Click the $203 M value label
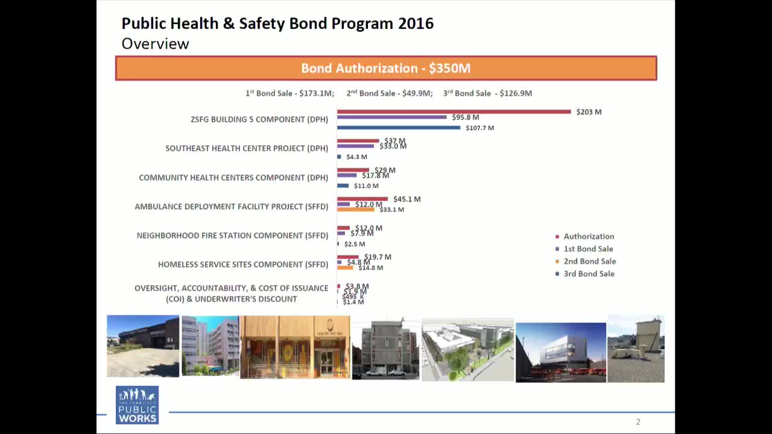(x=589, y=112)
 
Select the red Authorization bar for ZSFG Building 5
(x=454, y=112)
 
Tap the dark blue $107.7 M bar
(x=398, y=128)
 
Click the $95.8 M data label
(x=465, y=118)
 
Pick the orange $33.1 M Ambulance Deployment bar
(x=355, y=209)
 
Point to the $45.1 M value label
(x=407, y=200)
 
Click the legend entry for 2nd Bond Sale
(x=589, y=262)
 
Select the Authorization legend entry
(x=588, y=237)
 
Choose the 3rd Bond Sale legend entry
(x=589, y=274)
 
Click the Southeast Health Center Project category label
(x=247, y=148)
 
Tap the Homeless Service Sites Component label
(x=243, y=265)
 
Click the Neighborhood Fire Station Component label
(x=232, y=236)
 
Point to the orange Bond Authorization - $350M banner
(x=385, y=68)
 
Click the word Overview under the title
(x=155, y=43)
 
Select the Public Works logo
(x=137, y=404)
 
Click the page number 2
(x=638, y=422)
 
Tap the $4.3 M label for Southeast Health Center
(x=356, y=157)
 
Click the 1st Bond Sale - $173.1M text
(x=289, y=93)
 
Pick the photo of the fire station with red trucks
(x=560, y=352)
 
